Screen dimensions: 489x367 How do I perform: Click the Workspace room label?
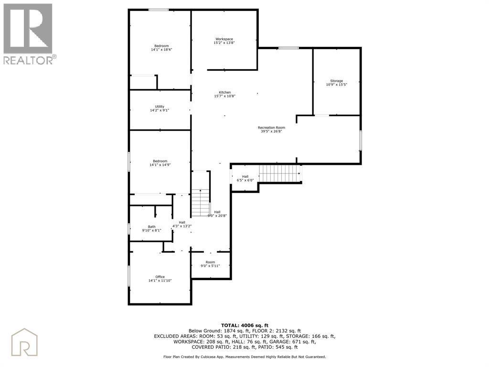[224, 39]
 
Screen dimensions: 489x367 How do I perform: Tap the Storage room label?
[337, 81]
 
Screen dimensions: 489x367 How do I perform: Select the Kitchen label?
[224, 92]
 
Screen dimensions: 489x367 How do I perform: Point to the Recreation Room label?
[271, 128]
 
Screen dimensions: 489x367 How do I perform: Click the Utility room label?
[159, 107]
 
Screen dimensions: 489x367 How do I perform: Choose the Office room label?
[160, 277]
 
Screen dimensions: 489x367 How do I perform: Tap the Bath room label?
[151, 227]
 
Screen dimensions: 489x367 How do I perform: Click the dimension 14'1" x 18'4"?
[161, 50]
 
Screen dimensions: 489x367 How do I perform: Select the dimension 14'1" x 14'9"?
[160, 165]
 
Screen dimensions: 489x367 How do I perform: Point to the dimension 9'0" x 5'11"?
[210, 266]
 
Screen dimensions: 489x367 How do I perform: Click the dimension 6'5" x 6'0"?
[245, 180]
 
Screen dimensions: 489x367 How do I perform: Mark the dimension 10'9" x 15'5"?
[337, 85]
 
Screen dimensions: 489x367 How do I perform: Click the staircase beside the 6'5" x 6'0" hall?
[280, 173]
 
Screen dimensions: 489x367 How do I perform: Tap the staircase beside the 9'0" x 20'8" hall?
[200, 203]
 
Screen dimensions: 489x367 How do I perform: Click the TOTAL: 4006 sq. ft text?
[244, 325]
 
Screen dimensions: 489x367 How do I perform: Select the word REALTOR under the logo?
[28, 60]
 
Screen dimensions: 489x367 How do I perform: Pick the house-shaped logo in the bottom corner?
[24, 342]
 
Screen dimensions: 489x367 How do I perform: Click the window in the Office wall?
[129, 276]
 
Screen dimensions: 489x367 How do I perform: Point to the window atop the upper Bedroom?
[159, 10]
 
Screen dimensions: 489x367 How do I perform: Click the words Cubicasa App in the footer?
[212, 356]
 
